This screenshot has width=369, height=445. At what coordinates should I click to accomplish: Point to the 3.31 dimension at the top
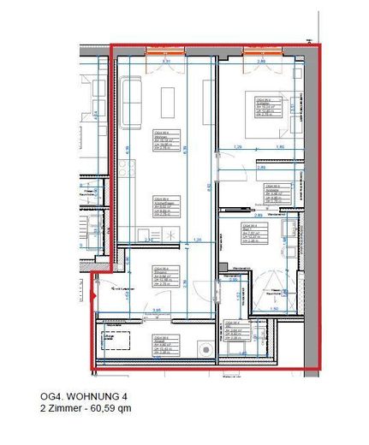[x=168, y=62]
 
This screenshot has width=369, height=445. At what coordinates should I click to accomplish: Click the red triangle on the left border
[x=93, y=296]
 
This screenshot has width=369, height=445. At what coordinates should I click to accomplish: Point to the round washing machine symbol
[x=206, y=348]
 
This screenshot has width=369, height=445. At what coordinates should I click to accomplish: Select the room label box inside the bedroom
[x=261, y=106]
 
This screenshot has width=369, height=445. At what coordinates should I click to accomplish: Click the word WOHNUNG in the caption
[x=91, y=396]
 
